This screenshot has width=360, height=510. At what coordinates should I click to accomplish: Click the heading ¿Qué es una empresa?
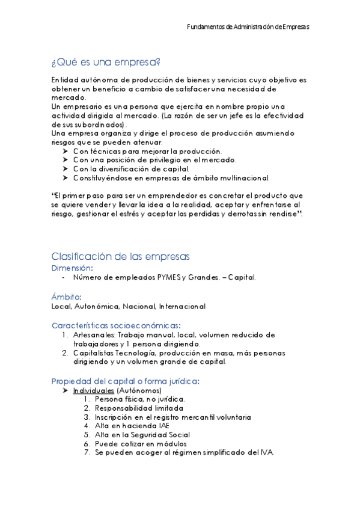pos(106,62)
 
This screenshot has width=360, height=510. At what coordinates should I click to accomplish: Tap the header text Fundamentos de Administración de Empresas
pos(248,27)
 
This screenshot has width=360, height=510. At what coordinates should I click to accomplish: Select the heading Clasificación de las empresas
pos(120,256)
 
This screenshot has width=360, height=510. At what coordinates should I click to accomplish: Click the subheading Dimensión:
pos(72,268)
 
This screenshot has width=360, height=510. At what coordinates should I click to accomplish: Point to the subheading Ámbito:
pos(67,296)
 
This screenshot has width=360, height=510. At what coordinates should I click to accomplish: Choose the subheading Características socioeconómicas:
pos(116,325)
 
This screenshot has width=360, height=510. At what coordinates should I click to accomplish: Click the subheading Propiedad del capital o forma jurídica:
pos(126,381)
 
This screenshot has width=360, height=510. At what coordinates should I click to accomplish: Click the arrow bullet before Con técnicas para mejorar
pos(65,152)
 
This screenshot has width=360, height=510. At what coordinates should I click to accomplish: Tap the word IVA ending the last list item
pos(266,452)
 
